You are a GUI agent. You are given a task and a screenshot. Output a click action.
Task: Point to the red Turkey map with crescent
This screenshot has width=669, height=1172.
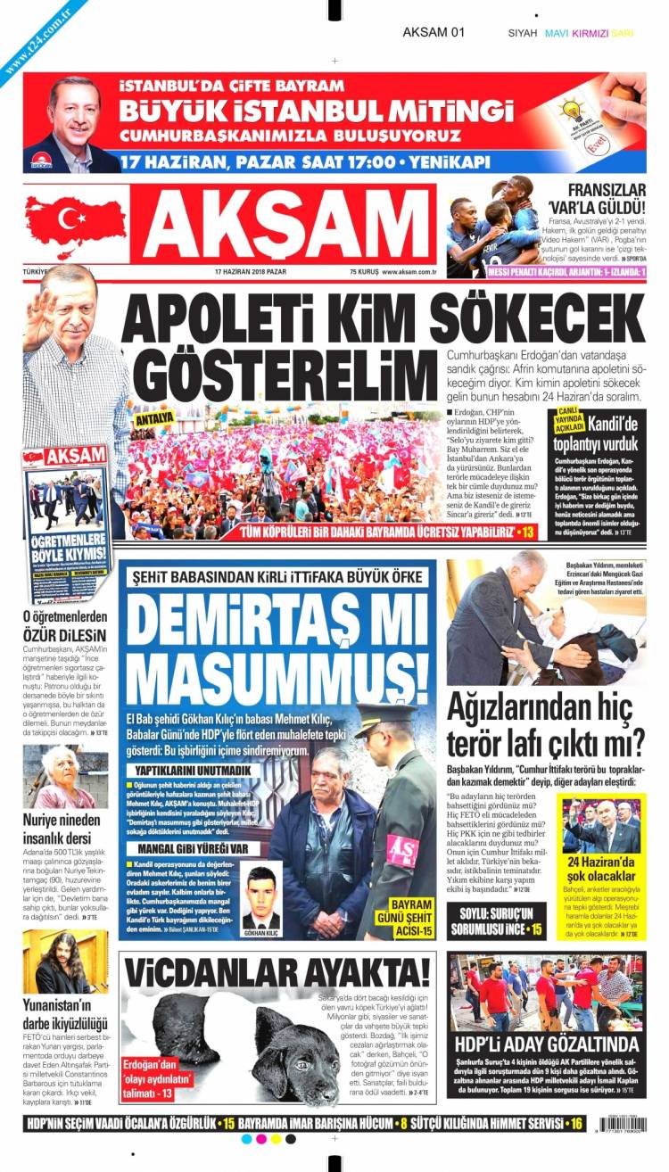76,219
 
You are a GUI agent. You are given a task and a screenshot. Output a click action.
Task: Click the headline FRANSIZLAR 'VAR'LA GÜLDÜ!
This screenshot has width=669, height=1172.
594,197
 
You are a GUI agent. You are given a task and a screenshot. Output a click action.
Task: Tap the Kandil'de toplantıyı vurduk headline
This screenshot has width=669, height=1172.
595,435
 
